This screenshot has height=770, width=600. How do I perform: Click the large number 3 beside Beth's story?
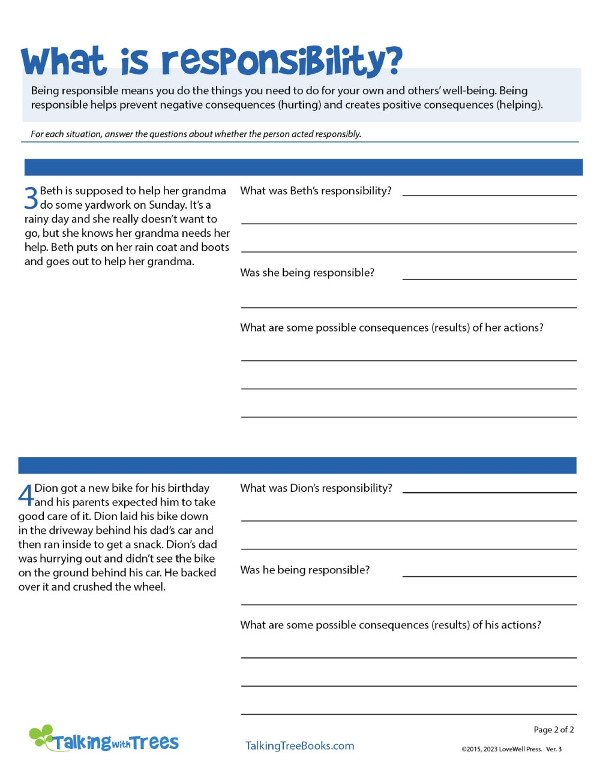tap(31, 197)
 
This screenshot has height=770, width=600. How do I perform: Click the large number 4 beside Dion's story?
tap(26, 495)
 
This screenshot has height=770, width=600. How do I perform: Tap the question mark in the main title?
tap(392, 60)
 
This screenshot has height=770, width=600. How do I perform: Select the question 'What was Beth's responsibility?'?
tap(316, 191)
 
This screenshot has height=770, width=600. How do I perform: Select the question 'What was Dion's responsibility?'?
tap(316, 488)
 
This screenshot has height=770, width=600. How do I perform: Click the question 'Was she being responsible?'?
tap(307, 273)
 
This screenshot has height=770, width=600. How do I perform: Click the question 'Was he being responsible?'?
tap(305, 570)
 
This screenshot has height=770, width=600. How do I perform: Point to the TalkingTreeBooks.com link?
tap(299, 745)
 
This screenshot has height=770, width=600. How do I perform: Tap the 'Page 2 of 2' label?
tap(553, 729)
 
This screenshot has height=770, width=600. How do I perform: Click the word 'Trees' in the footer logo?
tap(155, 742)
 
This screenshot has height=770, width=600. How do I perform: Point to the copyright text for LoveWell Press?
tap(511, 749)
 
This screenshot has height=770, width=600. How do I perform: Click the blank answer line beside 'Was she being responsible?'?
tap(489, 278)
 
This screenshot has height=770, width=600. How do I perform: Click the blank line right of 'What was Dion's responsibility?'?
tap(489, 491)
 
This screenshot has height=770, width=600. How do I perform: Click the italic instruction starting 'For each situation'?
tap(196, 134)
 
